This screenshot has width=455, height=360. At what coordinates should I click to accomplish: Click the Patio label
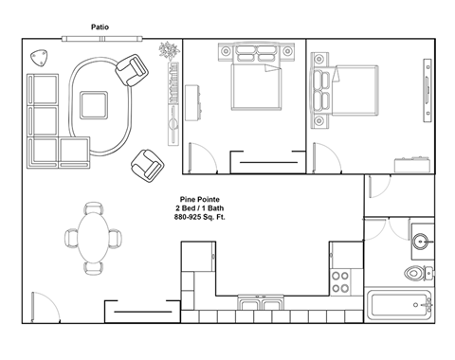click(99, 27)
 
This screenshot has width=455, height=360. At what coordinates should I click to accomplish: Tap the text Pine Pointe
click(194, 200)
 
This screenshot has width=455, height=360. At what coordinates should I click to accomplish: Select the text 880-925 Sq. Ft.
click(194, 218)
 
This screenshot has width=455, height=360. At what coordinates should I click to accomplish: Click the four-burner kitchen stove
click(340, 281)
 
